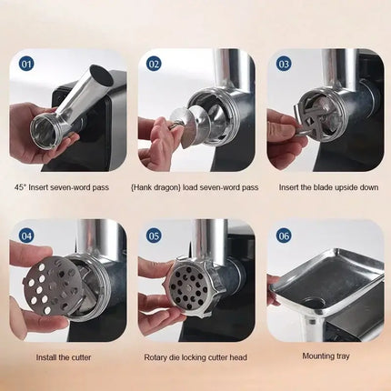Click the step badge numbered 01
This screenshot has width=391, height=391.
(x=25, y=65)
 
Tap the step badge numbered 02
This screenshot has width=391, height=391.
(x=154, y=65)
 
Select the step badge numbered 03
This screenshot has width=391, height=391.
(x=283, y=65)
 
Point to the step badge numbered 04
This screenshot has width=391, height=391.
(x=25, y=236)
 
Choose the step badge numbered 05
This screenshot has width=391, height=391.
(x=154, y=236)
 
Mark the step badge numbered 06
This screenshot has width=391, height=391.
(x=283, y=236)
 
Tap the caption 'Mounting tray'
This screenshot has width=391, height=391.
(x=325, y=357)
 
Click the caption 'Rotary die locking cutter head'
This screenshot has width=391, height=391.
(x=195, y=357)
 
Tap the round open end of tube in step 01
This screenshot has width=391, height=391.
(x=45, y=127)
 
